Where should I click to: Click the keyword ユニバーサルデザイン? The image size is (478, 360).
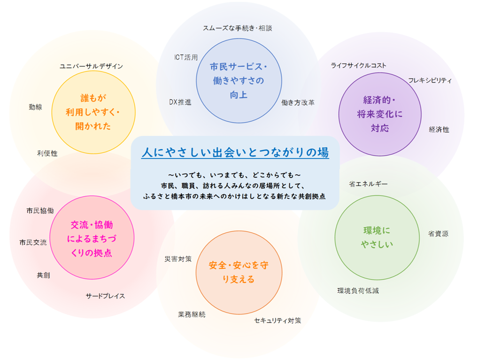[x=91, y=66]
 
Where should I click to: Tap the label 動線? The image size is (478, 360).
[x=35, y=107]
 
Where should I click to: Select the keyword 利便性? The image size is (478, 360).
[x=47, y=153]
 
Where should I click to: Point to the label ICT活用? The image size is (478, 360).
[x=186, y=57]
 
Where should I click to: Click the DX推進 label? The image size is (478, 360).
[x=180, y=102]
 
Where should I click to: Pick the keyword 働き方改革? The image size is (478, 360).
[x=298, y=102]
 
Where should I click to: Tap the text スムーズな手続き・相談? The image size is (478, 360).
[x=237, y=28]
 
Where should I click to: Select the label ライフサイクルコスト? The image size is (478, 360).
[x=358, y=65]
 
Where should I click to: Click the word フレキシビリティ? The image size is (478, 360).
[x=430, y=80]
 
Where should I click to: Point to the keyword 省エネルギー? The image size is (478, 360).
[x=368, y=184]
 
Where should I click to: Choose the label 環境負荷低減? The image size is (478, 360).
[x=358, y=290]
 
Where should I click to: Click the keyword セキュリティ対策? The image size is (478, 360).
[x=278, y=321]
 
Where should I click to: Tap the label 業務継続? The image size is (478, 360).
[x=192, y=314]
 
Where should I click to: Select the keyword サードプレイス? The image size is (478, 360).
[x=105, y=296]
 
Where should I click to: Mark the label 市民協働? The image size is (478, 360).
[x=40, y=211]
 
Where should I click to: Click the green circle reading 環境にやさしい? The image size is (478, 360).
[x=377, y=237]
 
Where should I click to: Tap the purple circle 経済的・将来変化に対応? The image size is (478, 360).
[x=380, y=114]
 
